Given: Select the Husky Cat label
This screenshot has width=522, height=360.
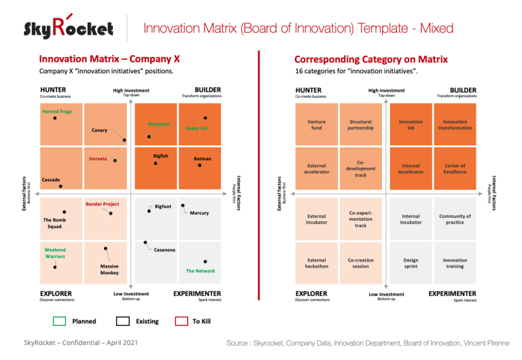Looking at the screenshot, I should click(196, 128).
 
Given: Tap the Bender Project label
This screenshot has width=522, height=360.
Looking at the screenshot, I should click(102, 204).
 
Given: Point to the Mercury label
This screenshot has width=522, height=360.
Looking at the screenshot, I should click(199, 213).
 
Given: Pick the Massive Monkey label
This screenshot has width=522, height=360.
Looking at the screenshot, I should click(109, 270).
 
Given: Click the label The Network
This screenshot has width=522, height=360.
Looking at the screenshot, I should click(201, 271).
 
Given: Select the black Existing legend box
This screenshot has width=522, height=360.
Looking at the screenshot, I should click(122, 321).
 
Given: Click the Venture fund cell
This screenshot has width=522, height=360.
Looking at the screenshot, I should click(317, 125).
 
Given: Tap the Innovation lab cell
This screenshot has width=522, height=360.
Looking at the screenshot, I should click(411, 125).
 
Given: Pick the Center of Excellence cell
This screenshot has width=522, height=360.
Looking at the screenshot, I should click(455, 168).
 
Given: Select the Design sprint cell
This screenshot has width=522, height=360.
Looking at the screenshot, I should click(411, 263).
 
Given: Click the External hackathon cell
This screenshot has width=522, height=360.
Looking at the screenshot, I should click(317, 263).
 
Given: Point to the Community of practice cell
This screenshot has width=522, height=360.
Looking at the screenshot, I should click(455, 219).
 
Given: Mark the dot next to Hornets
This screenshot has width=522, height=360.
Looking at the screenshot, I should click(115, 161).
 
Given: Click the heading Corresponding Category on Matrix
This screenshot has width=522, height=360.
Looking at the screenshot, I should click(371, 60).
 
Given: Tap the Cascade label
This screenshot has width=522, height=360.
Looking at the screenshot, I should click(51, 180).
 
